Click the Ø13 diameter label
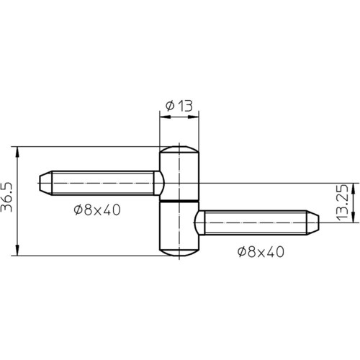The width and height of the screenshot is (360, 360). pos(179,106)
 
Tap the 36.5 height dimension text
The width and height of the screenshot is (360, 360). pos(6,197)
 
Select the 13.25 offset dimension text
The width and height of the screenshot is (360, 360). pos(342,203)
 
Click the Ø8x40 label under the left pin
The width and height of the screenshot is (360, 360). pos(97,210)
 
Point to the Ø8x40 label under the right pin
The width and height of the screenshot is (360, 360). pos(261,252)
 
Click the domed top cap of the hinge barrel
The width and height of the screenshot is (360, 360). pos(179,149)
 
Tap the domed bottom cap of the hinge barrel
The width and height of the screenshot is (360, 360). pos(179,253)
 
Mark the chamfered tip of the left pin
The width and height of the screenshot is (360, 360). pos(45,183)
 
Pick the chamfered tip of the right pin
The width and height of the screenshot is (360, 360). pos(312,222)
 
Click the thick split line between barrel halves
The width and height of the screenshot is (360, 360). pos(179,201)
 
